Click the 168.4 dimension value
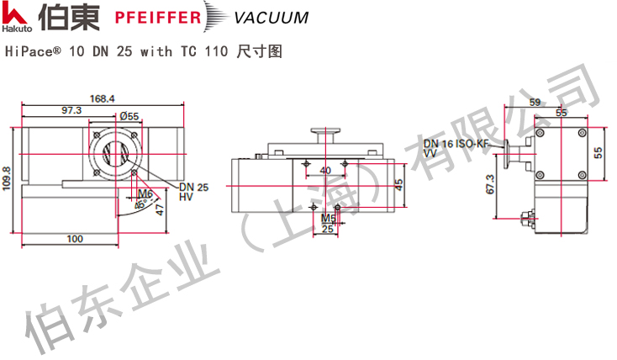click(103, 98)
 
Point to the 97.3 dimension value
click(71, 110)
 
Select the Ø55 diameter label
click(129, 116)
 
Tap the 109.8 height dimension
click(7, 179)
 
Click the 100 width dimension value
click(76, 240)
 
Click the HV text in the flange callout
click(186, 196)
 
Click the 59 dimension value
click(535, 103)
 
